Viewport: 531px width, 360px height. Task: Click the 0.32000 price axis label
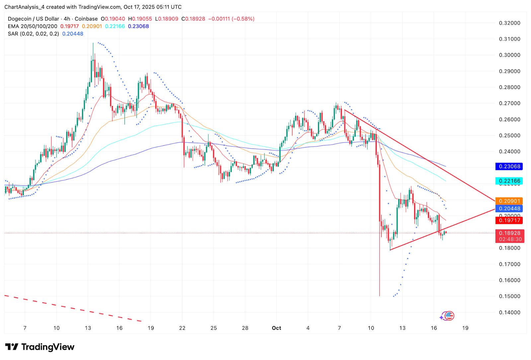(509, 23)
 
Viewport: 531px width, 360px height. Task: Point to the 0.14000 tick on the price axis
(509, 312)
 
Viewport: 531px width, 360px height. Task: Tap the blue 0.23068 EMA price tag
(509, 166)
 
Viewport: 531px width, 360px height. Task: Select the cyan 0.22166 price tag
(509, 181)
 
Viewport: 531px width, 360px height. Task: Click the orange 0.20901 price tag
(509, 201)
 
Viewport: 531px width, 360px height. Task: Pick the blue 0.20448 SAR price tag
(509, 209)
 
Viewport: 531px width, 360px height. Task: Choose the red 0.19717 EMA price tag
(509, 220)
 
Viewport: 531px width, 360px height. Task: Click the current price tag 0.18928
(510, 233)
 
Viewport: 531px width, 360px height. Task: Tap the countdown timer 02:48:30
(510, 239)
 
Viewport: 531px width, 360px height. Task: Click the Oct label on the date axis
(276, 328)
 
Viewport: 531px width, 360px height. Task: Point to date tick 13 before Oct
(88, 328)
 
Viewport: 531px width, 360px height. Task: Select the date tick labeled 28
(245, 328)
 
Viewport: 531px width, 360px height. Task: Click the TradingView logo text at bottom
(48, 347)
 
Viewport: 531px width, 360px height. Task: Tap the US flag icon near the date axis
(449, 316)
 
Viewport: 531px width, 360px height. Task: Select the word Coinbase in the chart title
(86, 19)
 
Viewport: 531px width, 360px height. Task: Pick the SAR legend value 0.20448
(73, 34)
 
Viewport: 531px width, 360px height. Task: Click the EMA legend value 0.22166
(115, 26)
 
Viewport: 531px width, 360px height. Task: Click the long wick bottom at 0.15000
(379, 295)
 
